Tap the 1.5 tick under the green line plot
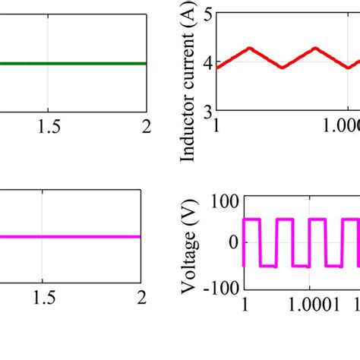pos(49,128)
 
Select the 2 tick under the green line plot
pos(145,128)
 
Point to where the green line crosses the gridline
pos(49,63)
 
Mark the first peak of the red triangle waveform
pos(248,49)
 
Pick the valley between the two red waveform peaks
pos(282,68)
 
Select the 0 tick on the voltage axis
pos(233,242)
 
